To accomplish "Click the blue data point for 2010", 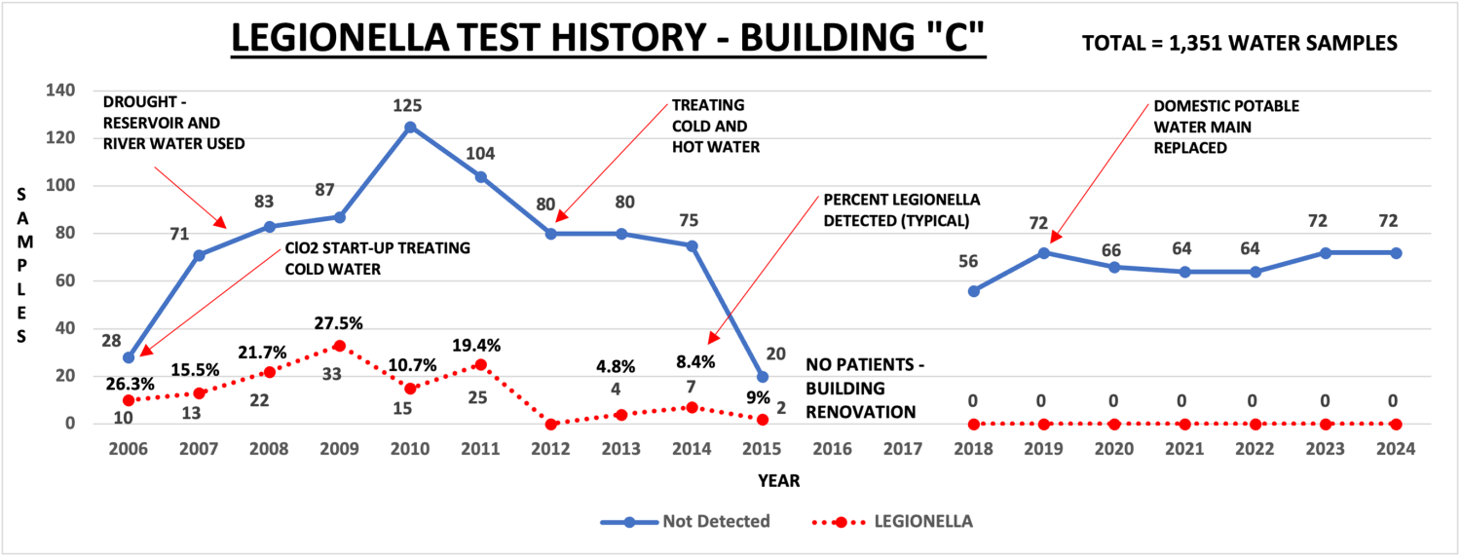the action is pyautogui.click(x=410, y=128).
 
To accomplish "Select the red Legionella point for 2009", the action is pyautogui.click(x=339, y=346).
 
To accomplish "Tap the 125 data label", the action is pyautogui.click(x=407, y=105).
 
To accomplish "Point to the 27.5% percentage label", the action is pyautogui.click(x=338, y=323).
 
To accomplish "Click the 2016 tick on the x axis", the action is pyautogui.click(x=832, y=449).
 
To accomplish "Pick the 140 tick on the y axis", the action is pyautogui.click(x=60, y=90).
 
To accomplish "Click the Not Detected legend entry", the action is pyautogui.click(x=686, y=522).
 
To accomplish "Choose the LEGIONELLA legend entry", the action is pyautogui.click(x=893, y=522).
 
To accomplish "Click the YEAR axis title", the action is pyautogui.click(x=779, y=481).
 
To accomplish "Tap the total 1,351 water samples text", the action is pyautogui.click(x=1239, y=44).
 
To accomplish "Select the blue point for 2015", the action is pyautogui.click(x=762, y=377).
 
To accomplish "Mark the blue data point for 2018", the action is pyautogui.click(x=974, y=291).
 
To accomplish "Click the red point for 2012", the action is pyautogui.click(x=551, y=424).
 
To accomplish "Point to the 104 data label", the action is pyautogui.click(x=480, y=154).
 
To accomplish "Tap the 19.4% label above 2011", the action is pyautogui.click(x=476, y=346).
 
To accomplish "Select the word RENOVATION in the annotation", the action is pyautogui.click(x=861, y=412).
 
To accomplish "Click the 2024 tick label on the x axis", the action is pyautogui.click(x=1396, y=449).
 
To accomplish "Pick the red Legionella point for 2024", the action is pyautogui.click(x=1396, y=425).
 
